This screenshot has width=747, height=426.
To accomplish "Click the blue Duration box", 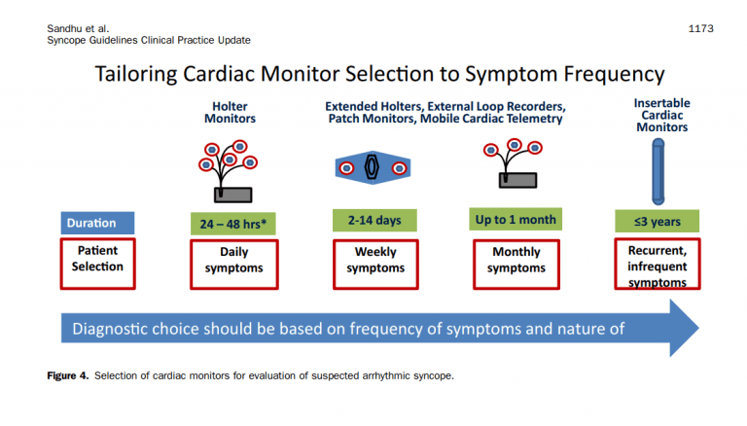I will click(94, 223).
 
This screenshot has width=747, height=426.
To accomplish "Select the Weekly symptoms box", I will click(375, 261).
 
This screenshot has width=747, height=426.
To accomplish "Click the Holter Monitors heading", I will click(231, 112).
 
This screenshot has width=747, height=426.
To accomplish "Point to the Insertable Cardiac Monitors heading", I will click(661, 115).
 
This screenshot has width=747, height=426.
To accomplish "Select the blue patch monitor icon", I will click(371, 167).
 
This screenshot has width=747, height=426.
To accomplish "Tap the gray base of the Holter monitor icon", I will click(232, 194).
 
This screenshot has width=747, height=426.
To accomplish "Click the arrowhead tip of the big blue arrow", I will click(696, 327).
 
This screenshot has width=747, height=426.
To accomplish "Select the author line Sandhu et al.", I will click(75, 29).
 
